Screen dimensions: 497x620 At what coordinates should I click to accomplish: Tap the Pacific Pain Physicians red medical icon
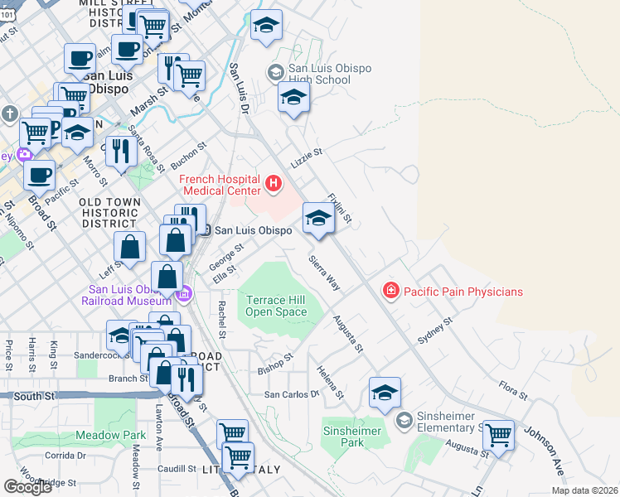390,291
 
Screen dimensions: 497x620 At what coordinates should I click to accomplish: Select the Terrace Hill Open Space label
277,305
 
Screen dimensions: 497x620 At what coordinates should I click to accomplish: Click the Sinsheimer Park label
353,437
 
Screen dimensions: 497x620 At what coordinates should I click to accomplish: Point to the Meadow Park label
110,435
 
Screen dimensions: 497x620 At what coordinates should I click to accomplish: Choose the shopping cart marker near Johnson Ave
498,433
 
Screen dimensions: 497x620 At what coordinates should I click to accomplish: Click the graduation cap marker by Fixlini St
318,219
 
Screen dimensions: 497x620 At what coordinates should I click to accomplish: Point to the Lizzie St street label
306,155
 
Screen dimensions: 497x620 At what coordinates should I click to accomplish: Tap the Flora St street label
508,387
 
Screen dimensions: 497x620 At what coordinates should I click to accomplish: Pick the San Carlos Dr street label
291,394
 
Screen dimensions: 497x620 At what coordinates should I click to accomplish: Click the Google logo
27,487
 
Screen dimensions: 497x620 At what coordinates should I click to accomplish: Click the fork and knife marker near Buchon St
122,150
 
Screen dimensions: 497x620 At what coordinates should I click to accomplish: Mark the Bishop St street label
275,364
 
